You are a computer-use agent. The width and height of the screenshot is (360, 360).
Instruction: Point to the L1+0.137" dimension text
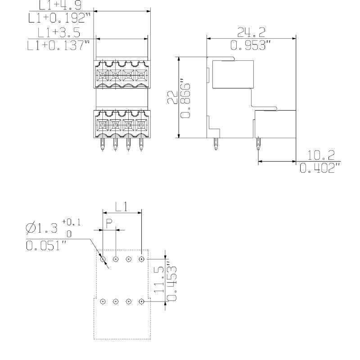tap(58, 46)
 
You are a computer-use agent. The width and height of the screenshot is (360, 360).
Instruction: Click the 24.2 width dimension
tap(251, 31)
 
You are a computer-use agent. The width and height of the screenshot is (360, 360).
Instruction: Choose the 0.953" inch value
tap(251, 45)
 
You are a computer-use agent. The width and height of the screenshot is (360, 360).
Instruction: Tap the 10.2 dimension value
tap(321, 156)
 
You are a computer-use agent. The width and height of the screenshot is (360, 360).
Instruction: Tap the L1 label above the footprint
tap(121, 207)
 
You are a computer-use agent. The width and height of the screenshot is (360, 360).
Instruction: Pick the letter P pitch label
tap(109, 223)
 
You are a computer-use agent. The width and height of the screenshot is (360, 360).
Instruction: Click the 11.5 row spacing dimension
tap(159, 280)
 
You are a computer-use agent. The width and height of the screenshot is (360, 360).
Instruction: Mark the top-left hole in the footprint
tap(103, 259)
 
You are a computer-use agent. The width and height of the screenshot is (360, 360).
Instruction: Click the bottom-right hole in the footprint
tap(141, 301)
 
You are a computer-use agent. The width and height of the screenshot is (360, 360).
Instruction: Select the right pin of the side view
tap(258, 144)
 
